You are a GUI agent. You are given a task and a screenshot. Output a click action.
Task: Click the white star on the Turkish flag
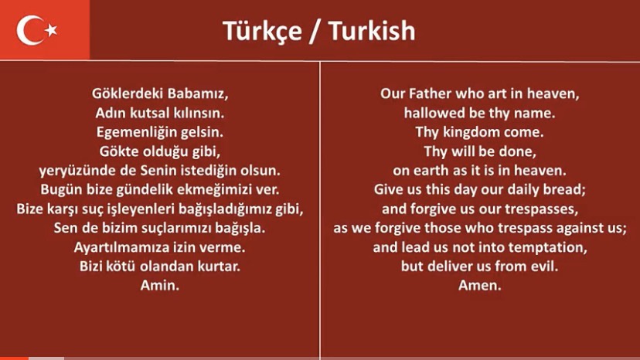pos(52,30)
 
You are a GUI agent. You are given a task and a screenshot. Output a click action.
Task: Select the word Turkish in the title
pos(372,31)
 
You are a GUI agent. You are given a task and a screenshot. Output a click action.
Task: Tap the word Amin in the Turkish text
pos(160,286)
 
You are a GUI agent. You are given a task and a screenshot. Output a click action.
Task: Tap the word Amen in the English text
pos(480,286)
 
